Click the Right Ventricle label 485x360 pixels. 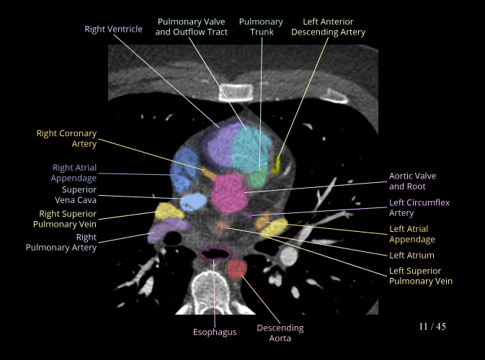114,29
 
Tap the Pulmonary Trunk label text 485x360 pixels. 261,27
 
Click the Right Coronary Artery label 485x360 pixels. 66,138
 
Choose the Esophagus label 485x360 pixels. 215,332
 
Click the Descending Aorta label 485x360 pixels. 280,333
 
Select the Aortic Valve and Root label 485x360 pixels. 412,181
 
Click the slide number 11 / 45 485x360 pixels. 432,327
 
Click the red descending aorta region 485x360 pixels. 236,271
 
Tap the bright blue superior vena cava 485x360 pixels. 192,200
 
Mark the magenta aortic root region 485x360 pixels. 230,190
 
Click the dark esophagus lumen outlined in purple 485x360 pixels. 215,253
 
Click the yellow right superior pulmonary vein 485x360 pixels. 168,210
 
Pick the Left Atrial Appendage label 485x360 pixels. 411,234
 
